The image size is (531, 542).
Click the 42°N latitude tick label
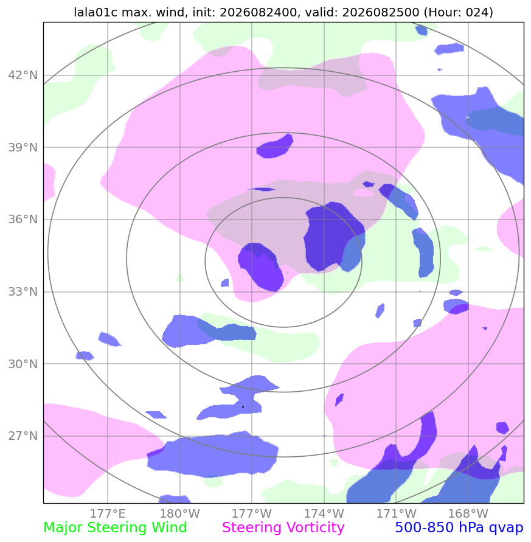(x=23, y=75)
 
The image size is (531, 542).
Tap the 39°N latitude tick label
(x=23, y=147)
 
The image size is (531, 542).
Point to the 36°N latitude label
(x=23, y=219)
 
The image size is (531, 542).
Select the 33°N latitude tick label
(x=23, y=291)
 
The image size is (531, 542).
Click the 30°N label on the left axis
(x=23, y=364)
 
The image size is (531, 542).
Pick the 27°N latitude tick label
(x=23, y=436)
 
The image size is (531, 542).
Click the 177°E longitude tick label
(x=108, y=513)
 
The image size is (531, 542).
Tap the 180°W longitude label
(x=180, y=513)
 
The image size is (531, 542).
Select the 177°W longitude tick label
(x=252, y=513)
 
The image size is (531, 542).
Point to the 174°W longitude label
(x=324, y=513)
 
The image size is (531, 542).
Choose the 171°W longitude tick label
(x=396, y=513)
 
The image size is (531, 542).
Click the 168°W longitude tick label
(x=468, y=513)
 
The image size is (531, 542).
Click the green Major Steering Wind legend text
(x=115, y=528)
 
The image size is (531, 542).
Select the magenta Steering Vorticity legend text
(x=283, y=528)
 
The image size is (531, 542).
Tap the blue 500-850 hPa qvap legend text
(x=459, y=528)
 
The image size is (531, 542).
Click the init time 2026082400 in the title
(x=259, y=12)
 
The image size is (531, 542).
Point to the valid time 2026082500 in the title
(x=381, y=12)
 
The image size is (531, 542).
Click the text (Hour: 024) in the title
(x=459, y=12)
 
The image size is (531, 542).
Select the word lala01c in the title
(x=95, y=12)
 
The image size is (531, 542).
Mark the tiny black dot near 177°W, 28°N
(x=243, y=407)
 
